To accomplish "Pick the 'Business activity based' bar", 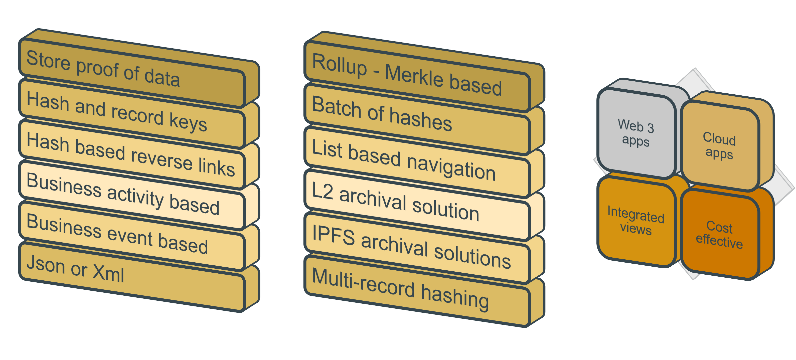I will pyautogui.click(x=133, y=195).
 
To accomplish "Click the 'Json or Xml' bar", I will pyautogui.click(x=133, y=277).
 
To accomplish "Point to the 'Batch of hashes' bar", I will pyautogui.click(x=417, y=119).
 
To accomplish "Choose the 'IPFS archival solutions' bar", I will pyautogui.click(x=417, y=247).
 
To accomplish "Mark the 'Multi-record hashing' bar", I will pyautogui.click(x=417, y=290).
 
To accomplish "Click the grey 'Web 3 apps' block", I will pyautogui.click(x=636, y=133).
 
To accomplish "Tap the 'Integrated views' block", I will pyautogui.click(x=636, y=221).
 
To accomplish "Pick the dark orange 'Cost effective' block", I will pyautogui.click(x=719, y=234).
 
